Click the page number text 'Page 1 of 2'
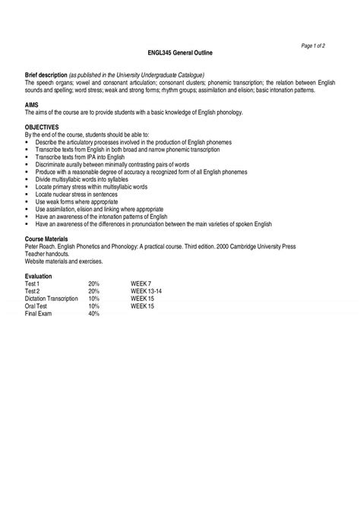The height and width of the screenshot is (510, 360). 314,46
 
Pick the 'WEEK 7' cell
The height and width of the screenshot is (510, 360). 141,283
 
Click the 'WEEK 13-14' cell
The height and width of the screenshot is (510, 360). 146,290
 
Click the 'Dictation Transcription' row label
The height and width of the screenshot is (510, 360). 52,298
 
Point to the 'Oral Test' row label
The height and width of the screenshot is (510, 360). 37,305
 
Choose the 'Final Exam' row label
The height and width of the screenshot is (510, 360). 39,312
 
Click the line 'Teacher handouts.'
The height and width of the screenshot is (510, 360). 47,255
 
